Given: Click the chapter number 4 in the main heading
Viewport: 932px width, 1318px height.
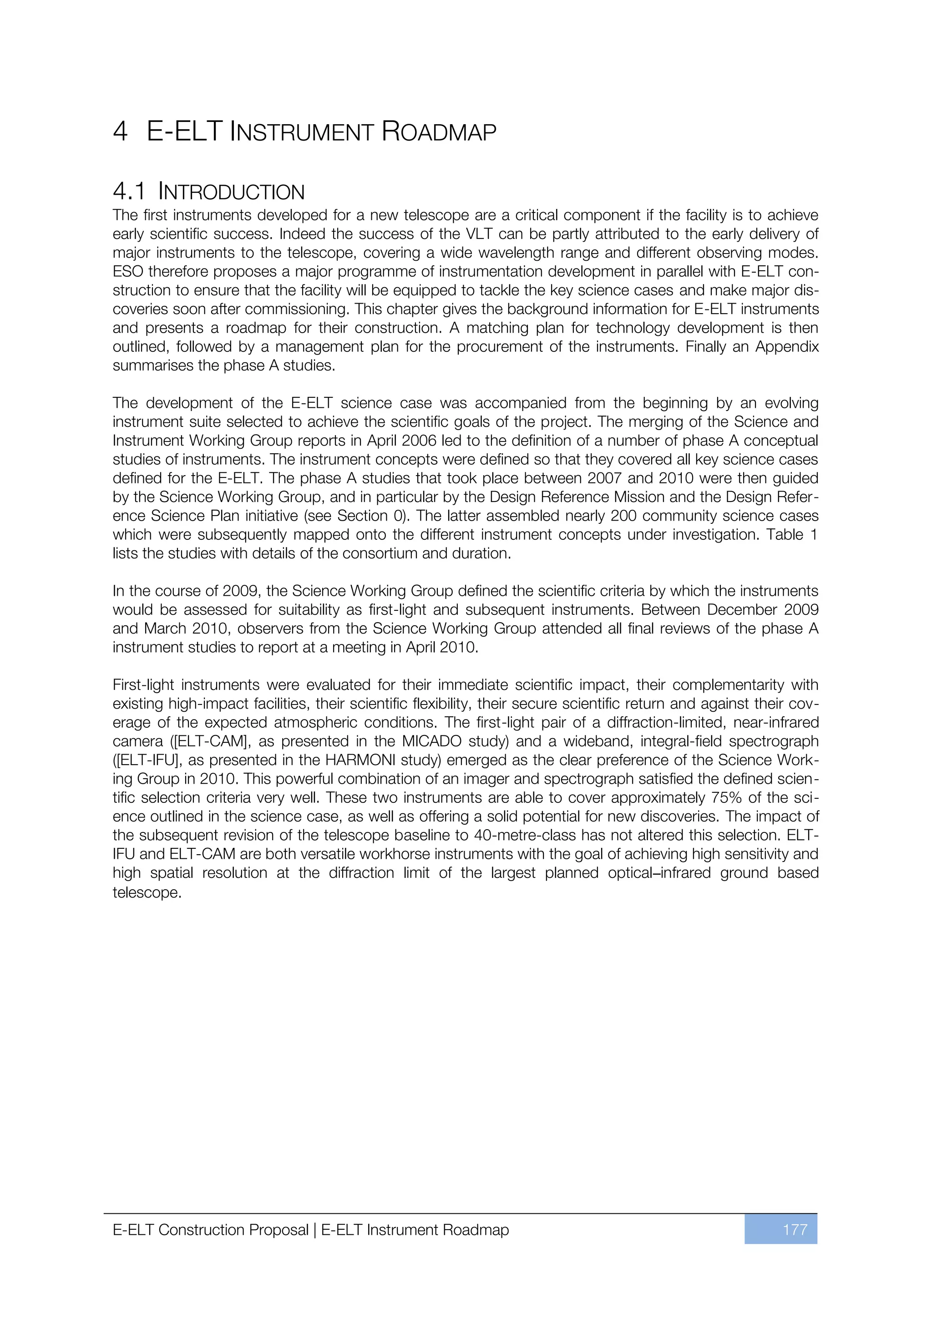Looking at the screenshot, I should (x=120, y=132).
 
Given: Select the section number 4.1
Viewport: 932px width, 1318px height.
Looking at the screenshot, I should (x=129, y=192).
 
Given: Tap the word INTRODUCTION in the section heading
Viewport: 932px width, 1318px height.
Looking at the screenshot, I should (x=231, y=192).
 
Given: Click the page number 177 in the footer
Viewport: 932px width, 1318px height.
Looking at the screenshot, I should (x=795, y=1230).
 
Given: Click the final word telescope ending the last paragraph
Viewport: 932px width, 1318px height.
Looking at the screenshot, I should (x=147, y=892).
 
